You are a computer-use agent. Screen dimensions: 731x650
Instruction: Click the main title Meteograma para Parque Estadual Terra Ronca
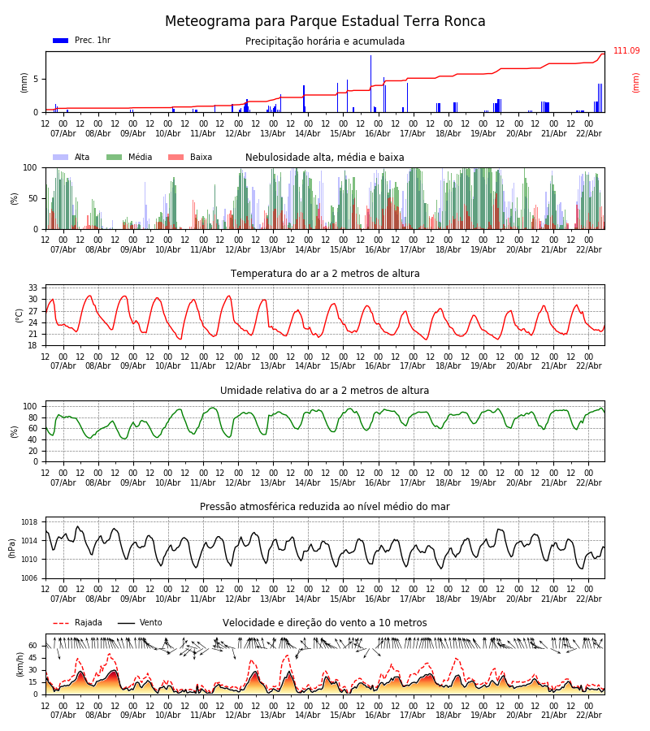coord(325,22)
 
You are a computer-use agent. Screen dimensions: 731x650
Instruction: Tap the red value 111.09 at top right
coord(626,51)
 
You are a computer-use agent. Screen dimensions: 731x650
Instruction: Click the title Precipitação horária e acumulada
coord(325,41)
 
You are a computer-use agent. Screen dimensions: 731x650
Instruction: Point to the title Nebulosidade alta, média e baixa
coord(325,158)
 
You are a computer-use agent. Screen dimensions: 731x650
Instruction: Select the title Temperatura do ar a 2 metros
coord(325,274)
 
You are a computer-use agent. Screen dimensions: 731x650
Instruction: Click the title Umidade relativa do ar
coord(325,391)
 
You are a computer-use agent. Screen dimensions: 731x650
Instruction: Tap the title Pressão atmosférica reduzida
coord(325,507)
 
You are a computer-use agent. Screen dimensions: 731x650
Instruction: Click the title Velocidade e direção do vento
coord(325,623)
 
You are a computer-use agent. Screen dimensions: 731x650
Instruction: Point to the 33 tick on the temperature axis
coord(33,288)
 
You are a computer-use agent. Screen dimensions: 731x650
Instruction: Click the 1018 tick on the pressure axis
coord(30,522)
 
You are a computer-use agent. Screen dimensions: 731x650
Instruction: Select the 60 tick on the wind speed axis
coord(33,646)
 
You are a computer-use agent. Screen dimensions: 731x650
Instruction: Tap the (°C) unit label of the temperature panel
coord(20,314)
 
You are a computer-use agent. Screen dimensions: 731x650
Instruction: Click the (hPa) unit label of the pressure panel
coord(13,547)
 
